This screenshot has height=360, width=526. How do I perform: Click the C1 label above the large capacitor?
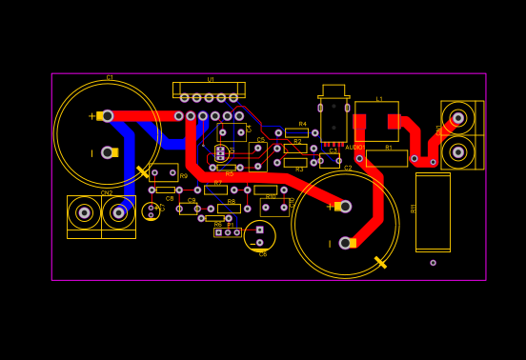point(110,77)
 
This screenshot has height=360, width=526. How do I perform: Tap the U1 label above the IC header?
point(211,79)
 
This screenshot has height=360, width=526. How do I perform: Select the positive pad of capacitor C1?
point(107,116)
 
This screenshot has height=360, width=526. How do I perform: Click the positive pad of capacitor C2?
point(345,206)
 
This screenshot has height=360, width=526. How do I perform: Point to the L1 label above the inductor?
point(379,98)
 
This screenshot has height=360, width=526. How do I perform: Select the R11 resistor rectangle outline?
point(433,211)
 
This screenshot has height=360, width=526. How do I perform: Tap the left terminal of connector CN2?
point(84,212)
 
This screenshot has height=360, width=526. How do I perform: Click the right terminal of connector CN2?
point(118,212)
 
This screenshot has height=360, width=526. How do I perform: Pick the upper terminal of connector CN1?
point(458,118)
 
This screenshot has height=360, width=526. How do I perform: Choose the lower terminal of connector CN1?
point(458,152)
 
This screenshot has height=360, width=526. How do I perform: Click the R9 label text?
point(183,176)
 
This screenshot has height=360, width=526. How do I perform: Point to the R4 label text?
point(302,124)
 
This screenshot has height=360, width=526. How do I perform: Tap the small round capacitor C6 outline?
point(259,235)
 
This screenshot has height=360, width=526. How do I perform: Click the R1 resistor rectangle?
point(387,158)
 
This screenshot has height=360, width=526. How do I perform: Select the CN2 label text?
point(107,192)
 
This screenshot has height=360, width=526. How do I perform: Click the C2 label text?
point(348,168)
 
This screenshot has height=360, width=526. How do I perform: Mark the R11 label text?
point(414,208)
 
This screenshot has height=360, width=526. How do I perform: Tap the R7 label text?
point(217,183)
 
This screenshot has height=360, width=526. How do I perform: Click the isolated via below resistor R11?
point(433,263)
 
